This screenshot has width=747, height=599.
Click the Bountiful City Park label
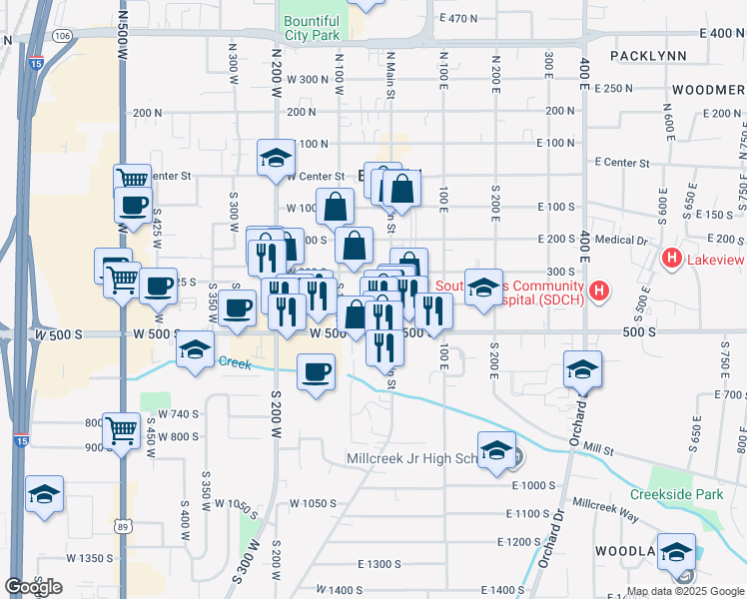point(311,27)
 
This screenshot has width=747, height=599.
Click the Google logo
point(34,586)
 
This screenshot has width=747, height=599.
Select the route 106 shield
point(63,36)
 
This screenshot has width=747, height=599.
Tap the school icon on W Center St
point(276,157)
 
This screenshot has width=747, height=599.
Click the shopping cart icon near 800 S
point(121,430)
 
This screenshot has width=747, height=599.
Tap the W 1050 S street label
point(311,503)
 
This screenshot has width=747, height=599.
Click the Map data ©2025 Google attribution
point(685,591)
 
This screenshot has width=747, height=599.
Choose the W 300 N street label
point(308,79)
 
